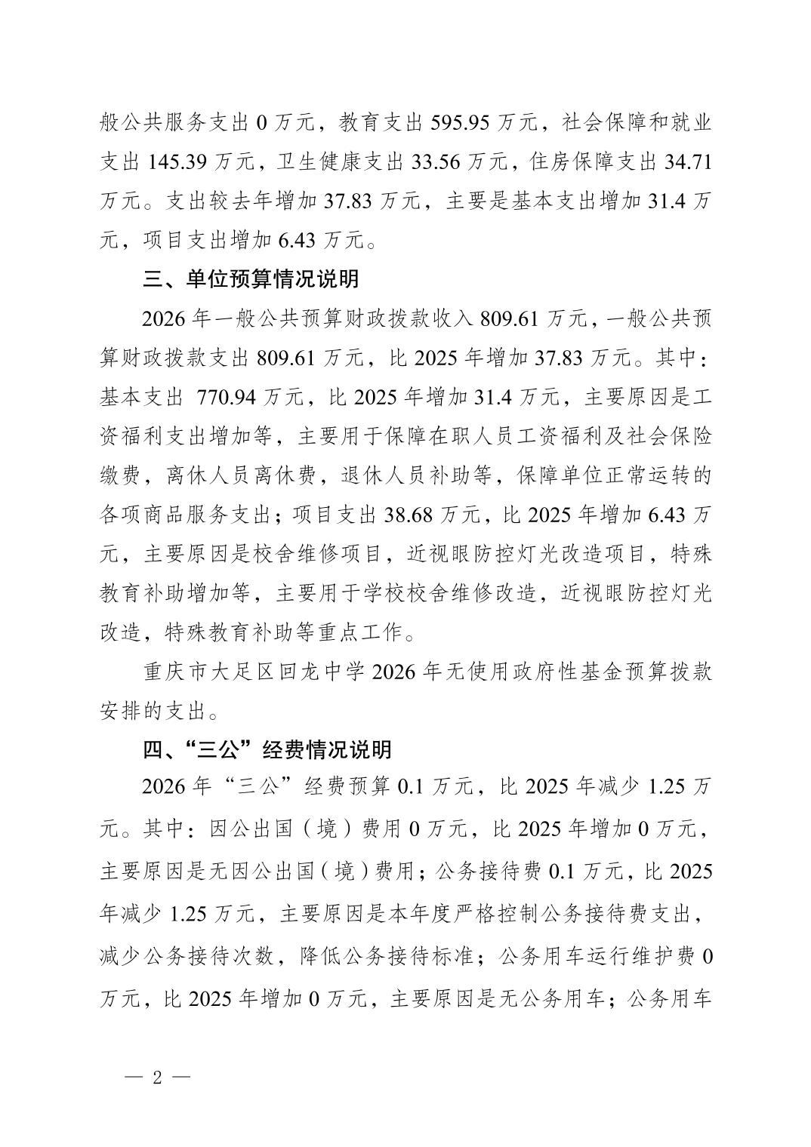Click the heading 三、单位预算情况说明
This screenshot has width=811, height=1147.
pos(251,280)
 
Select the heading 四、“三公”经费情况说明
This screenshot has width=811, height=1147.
pos(267,750)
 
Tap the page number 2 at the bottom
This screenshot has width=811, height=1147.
pos(157,1077)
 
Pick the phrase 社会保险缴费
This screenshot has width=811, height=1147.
pos(665,437)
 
